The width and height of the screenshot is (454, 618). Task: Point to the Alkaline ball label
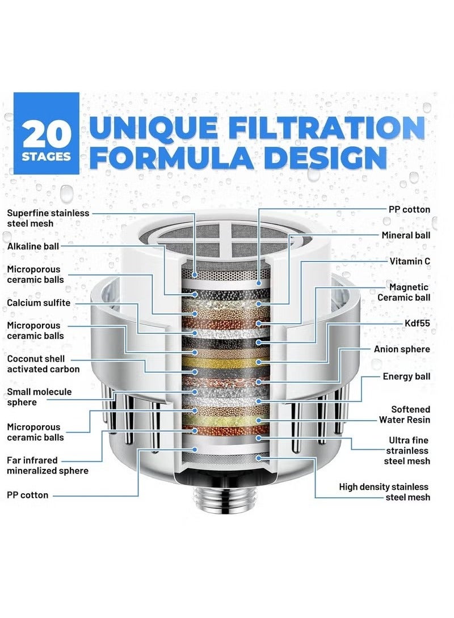[33, 246]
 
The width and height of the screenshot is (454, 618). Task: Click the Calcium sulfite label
[39, 303]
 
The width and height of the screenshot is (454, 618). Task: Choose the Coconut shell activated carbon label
[43, 364]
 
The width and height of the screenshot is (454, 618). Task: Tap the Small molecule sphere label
[39, 397]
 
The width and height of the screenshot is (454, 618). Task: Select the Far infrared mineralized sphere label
[48, 465]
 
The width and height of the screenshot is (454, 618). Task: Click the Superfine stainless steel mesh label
[48, 218]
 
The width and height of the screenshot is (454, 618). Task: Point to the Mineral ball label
[406, 235]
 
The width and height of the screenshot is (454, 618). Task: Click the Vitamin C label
[410, 261]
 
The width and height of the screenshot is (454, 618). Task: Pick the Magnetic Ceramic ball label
[403, 293]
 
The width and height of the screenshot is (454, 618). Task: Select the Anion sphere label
[402, 349]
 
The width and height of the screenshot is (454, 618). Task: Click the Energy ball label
[406, 376]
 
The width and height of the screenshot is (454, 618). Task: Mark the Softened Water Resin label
[405, 414]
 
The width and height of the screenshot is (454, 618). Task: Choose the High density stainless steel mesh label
[384, 492]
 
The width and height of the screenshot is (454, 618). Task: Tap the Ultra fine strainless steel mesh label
[409, 451]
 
